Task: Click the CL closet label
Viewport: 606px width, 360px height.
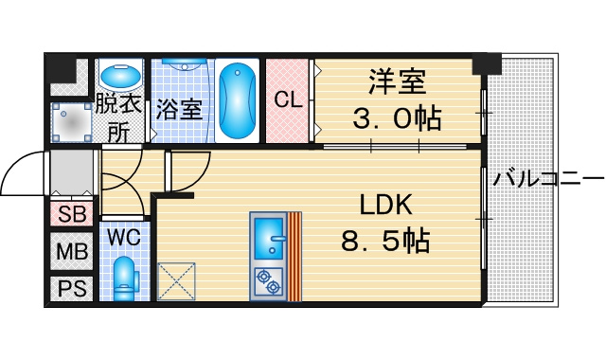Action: click(288, 99)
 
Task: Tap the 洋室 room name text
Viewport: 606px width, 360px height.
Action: click(398, 81)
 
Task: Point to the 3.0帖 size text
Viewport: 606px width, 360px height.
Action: click(397, 117)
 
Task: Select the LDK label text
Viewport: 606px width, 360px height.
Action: click(385, 205)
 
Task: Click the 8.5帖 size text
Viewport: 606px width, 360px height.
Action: click(385, 241)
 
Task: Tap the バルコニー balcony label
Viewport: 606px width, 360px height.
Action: click(548, 179)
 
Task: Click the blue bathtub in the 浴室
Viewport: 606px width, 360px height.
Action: click(237, 100)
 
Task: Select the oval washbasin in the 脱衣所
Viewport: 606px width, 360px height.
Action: click(120, 75)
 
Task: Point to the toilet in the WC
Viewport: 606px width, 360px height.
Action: click(125, 279)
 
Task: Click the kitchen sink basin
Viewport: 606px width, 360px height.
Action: click(269, 238)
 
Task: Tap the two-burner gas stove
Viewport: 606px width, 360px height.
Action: click(269, 282)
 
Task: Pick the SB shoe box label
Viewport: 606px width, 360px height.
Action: click(72, 214)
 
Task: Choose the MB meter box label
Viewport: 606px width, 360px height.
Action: click(72, 252)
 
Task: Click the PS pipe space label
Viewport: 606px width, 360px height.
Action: click(72, 288)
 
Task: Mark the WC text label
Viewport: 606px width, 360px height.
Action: click(124, 237)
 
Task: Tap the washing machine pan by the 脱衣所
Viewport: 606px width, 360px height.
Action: click(72, 122)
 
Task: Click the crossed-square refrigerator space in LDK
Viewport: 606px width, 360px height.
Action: click(177, 281)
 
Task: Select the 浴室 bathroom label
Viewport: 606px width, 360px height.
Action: click(179, 110)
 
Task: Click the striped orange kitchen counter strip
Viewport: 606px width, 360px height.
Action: click(294, 257)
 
